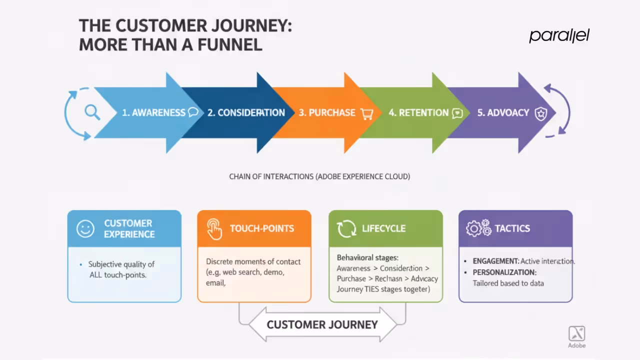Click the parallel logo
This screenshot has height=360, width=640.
559,35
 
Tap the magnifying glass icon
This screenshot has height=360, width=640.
92,112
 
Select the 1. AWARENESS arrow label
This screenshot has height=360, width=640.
153,112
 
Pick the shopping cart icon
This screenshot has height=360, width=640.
367,113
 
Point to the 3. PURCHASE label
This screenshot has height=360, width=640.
327,112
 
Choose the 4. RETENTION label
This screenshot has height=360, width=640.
418,112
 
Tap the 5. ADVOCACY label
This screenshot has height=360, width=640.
503,112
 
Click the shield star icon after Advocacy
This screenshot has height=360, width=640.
541,113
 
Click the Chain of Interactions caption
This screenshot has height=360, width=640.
319,176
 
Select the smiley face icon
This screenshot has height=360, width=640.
85,228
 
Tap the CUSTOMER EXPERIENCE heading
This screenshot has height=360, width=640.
129,228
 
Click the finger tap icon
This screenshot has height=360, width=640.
214,229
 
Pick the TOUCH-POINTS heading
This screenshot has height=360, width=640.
262,228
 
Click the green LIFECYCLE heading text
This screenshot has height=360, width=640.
383,228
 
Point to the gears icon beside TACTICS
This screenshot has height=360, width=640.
478,228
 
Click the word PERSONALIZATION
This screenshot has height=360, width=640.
504,272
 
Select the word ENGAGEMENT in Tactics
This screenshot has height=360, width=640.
496,261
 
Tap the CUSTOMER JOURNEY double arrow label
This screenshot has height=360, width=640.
322,324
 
